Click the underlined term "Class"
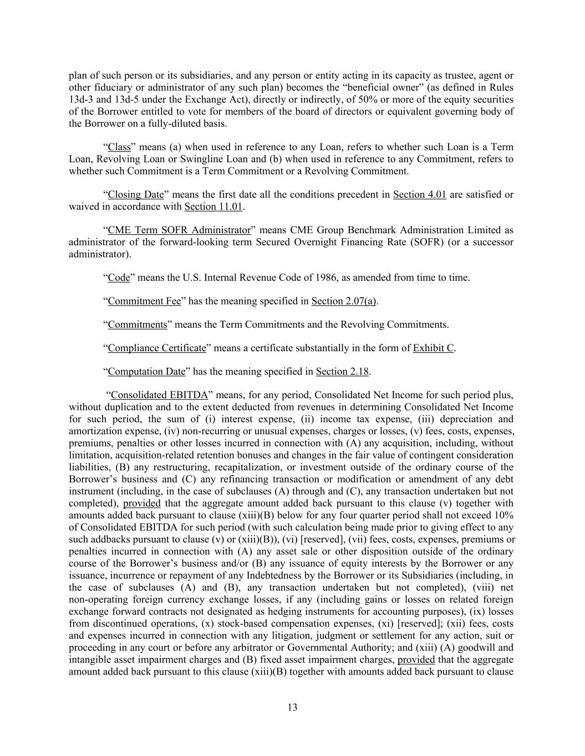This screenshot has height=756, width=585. click(x=119, y=147)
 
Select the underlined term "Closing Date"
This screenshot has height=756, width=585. click(x=136, y=195)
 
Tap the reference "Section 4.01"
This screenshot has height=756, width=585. click(x=419, y=195)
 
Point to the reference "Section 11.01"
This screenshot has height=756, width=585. click(x=213, y=207)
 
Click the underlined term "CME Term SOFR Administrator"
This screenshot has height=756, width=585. click(x=179, y=230)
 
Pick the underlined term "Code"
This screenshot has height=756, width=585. click(x=119, y=278)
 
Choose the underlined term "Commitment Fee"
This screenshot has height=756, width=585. click(x=144, y=302)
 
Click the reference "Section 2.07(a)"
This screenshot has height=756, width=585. click(x=344, y=302)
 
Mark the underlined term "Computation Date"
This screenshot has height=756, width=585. click(x=146, y=372)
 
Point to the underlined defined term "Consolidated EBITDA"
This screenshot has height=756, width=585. click(x=159, y=395)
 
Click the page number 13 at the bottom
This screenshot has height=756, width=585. click(x=292, y=707)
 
